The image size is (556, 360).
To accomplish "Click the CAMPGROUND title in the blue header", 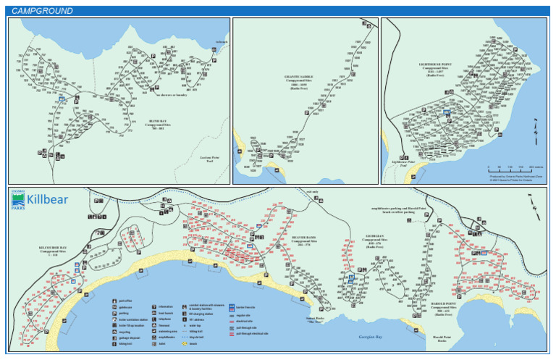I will (42, 11).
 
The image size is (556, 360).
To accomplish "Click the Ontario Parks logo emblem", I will (17, 201).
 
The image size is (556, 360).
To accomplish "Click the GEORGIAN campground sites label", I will (374, 240).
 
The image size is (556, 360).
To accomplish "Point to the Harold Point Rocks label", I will (442, 339).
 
